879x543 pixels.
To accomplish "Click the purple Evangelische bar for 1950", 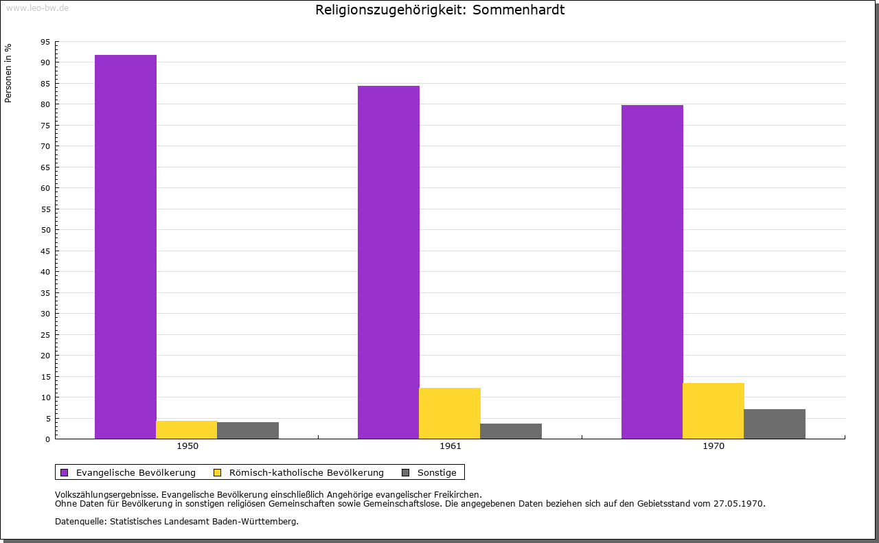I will click(126, 247).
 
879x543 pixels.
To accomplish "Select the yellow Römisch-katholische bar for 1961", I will click(450, 413).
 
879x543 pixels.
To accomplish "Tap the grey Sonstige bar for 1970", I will click(775, 424).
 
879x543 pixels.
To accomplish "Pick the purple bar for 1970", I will click(652, 272).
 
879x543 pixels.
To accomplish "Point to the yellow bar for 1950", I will click(187, 430).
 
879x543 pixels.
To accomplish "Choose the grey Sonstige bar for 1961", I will click(511, 431).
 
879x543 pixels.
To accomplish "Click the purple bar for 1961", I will click(389, 262).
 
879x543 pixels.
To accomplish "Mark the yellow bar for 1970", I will click(713, 411).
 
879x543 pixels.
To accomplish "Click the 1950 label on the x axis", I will click(187, 446).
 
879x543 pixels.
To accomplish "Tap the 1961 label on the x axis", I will click(450, 446).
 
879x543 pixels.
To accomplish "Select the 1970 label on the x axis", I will click(714, 446).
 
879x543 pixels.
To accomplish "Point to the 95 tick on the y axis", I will click(45, 42).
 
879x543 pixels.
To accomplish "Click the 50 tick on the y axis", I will click(45, 230).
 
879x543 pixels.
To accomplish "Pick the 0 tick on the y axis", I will click(47, 439).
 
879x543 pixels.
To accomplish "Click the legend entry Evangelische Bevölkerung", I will click(135, 472).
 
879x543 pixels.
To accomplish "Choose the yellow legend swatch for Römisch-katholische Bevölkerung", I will click(218, 472).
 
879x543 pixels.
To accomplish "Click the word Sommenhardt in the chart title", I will click(518, 10).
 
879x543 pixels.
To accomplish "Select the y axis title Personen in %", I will click(8, 73).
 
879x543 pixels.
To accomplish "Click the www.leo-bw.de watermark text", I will click(37, 7).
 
